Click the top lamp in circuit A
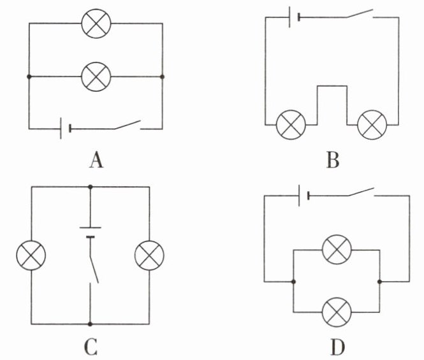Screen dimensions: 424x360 [x=96, y=24]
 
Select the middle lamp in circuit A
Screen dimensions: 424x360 [x=96, y=76]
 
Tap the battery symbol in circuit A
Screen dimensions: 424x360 [x=66, y=128]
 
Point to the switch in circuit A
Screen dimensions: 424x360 [x=128, y=125]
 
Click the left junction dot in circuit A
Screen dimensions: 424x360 [x=29, y=76]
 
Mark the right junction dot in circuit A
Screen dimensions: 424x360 [x=162, y=76]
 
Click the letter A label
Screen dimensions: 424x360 [x=96, y=160]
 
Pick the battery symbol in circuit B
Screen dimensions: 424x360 [x=294, y=17]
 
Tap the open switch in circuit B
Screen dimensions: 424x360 [x=360, y=14]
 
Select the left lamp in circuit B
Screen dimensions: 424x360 [x=291, y=125]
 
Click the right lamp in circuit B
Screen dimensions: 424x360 [x=372, y=125]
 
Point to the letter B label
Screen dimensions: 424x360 [x=333, y=160]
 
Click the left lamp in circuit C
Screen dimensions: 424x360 [x=31, y=256]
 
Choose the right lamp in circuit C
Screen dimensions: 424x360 [x=149, y=256]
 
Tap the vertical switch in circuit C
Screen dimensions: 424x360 [x=94, y=268]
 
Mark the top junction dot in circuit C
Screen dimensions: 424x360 [x=91, y=187]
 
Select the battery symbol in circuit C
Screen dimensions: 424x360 [x=91, y=233]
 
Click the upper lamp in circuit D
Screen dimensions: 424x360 [x=337, y=250]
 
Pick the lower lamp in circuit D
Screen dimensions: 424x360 [x=337, y=312]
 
